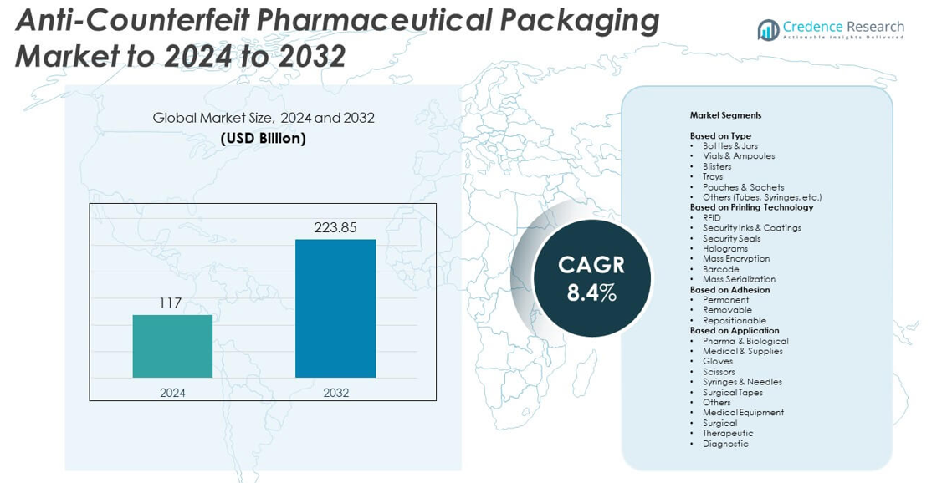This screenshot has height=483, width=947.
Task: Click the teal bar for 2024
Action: [x=172, y=346]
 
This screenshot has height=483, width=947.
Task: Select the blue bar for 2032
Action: [x=335, y=308]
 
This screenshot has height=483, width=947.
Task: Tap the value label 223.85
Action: [x=335, y=227]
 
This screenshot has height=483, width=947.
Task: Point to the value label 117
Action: [x=171, y=303]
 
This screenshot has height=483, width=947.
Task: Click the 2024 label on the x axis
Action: [x=172, y=393]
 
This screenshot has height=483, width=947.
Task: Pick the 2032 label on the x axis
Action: [x=335, y=393]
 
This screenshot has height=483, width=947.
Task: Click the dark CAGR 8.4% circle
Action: [x=591, y=277]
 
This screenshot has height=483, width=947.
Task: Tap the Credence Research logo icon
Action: [x=768, y=30]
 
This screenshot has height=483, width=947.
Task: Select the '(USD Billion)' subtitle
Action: [x=263, y=139]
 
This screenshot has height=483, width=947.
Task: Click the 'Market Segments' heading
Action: [x=725, y=115]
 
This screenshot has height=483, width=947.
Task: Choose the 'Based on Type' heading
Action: [x=720, y=135]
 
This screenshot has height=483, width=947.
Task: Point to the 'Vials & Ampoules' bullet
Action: [x=739, y=156]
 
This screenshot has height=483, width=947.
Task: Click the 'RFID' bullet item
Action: [x=711, y=217]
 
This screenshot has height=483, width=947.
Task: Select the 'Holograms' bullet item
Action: [x=725, y=248]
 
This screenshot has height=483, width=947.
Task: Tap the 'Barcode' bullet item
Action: [x=720, y=269]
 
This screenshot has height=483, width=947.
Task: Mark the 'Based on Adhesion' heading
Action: [x=729, y=290]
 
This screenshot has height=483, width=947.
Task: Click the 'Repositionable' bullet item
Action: [x=734, y=320]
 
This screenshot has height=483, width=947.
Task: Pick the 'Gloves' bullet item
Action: [x=717, y=361]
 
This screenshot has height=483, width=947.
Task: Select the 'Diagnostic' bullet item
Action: [x=725, y=444]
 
